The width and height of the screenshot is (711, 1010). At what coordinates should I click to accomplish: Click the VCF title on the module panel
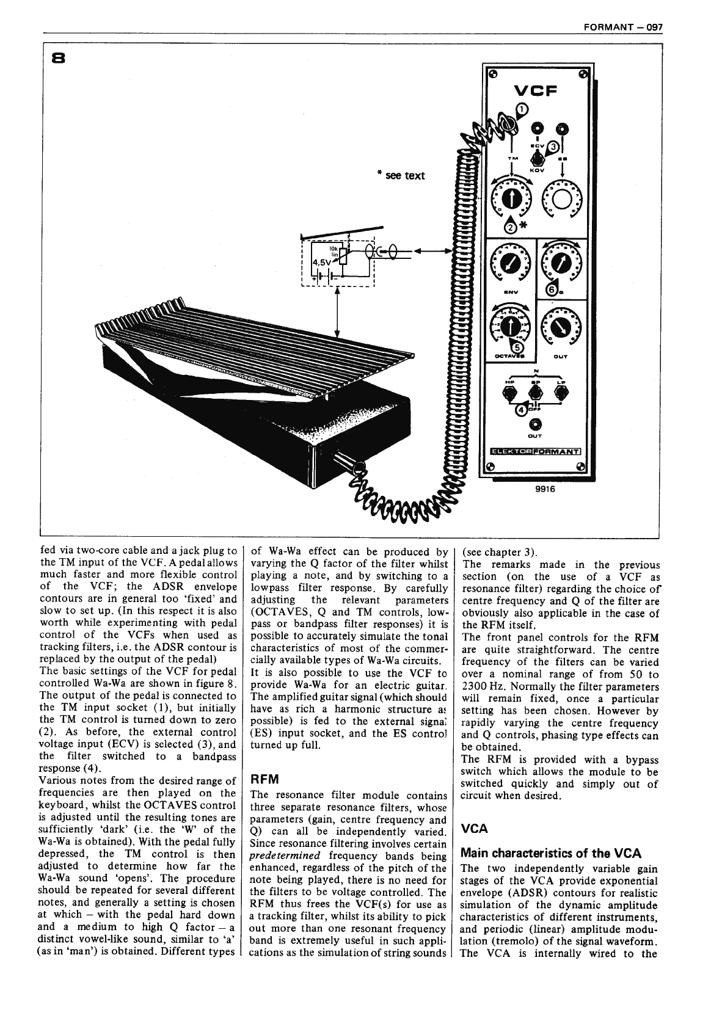pyautogui.click(x=536, y=91)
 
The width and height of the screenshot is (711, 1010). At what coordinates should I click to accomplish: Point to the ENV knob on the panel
pyautogui.click(x=509, y=264)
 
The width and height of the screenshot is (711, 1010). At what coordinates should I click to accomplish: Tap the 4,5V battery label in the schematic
pyautogui.click(x=321, y=261)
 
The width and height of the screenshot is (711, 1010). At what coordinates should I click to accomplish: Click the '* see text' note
pyautogui.click(x=401, y=176)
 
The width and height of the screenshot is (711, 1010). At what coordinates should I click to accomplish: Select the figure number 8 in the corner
pyautogui.click(x=59, y=59)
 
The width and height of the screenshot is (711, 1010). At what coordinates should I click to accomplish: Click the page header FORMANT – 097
pyautogui.click(x=623, y=27)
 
